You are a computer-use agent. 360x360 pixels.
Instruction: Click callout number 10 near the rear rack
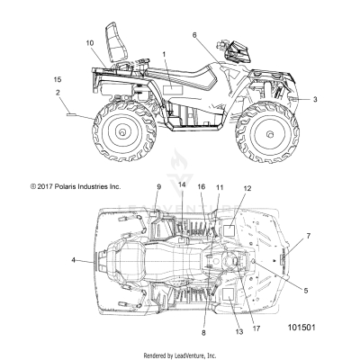(x=90, y=43)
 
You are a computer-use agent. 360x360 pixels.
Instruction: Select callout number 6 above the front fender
(x=194, y=35)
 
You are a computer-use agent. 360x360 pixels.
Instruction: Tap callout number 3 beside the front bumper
(x=315, y=99)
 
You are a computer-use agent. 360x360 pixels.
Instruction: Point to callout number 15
(x=58, y=79)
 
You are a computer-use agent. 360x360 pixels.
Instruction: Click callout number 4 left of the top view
(x=74, y=260)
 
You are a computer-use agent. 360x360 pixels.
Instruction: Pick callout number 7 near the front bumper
(x=309, y=236)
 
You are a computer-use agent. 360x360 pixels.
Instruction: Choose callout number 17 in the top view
(x=256, y=328)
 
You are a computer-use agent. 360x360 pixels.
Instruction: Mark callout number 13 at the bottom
(x=239, y=332)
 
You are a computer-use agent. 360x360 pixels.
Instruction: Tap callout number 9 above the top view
(x=158, y=187)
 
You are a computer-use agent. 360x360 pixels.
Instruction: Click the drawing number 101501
(x=301, y=327)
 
